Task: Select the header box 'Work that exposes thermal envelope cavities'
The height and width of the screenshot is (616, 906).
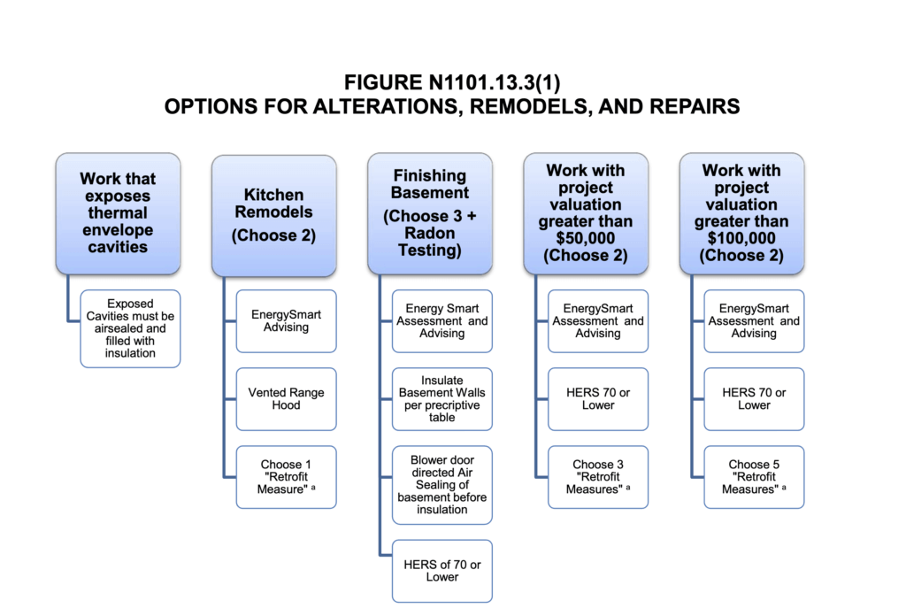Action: pos(119,213)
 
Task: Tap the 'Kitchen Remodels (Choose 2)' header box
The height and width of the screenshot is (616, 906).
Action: pos(274,213)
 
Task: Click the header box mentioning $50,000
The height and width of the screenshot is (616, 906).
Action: pos(586,213)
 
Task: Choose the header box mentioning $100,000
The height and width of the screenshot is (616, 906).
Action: pos(741,213)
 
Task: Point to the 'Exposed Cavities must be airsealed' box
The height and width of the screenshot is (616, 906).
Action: pos(130,328)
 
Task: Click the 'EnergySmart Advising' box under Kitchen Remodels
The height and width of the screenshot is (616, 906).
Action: pos(286,320)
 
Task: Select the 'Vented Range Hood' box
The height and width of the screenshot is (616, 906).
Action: pos(286,399)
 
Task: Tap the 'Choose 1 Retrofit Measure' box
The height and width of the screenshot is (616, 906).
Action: pos(286,476)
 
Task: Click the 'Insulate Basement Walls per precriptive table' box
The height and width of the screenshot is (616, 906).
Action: pos(442,399)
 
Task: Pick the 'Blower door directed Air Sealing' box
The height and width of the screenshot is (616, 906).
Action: pos(442,485)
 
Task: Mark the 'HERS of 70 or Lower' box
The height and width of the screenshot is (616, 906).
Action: pos(442,571)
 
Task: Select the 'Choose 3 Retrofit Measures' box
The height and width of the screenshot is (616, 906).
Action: pos(598,476)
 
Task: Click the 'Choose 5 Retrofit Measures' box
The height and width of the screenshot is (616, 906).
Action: pos(754,476)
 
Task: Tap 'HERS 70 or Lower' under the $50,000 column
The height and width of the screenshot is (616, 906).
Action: pos(598,399)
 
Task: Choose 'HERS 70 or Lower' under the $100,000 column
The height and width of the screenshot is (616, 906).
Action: pos(754,399)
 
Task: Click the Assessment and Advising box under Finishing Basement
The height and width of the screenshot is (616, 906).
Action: pos(442,320)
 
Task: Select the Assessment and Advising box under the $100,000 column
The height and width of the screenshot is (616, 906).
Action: pos(754,320)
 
